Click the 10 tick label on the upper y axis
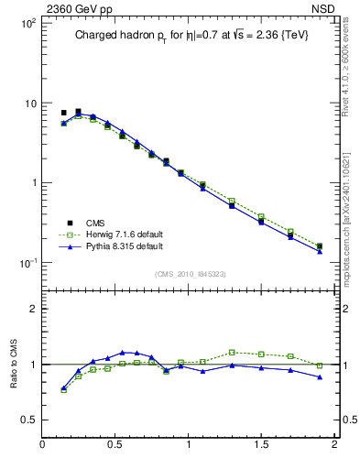click(27, 104)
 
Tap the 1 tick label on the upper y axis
click(31, 183)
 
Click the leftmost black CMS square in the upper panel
click(63, 113)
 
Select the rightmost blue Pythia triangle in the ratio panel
click(320, 376)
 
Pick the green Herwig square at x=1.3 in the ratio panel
click(232, 352)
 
